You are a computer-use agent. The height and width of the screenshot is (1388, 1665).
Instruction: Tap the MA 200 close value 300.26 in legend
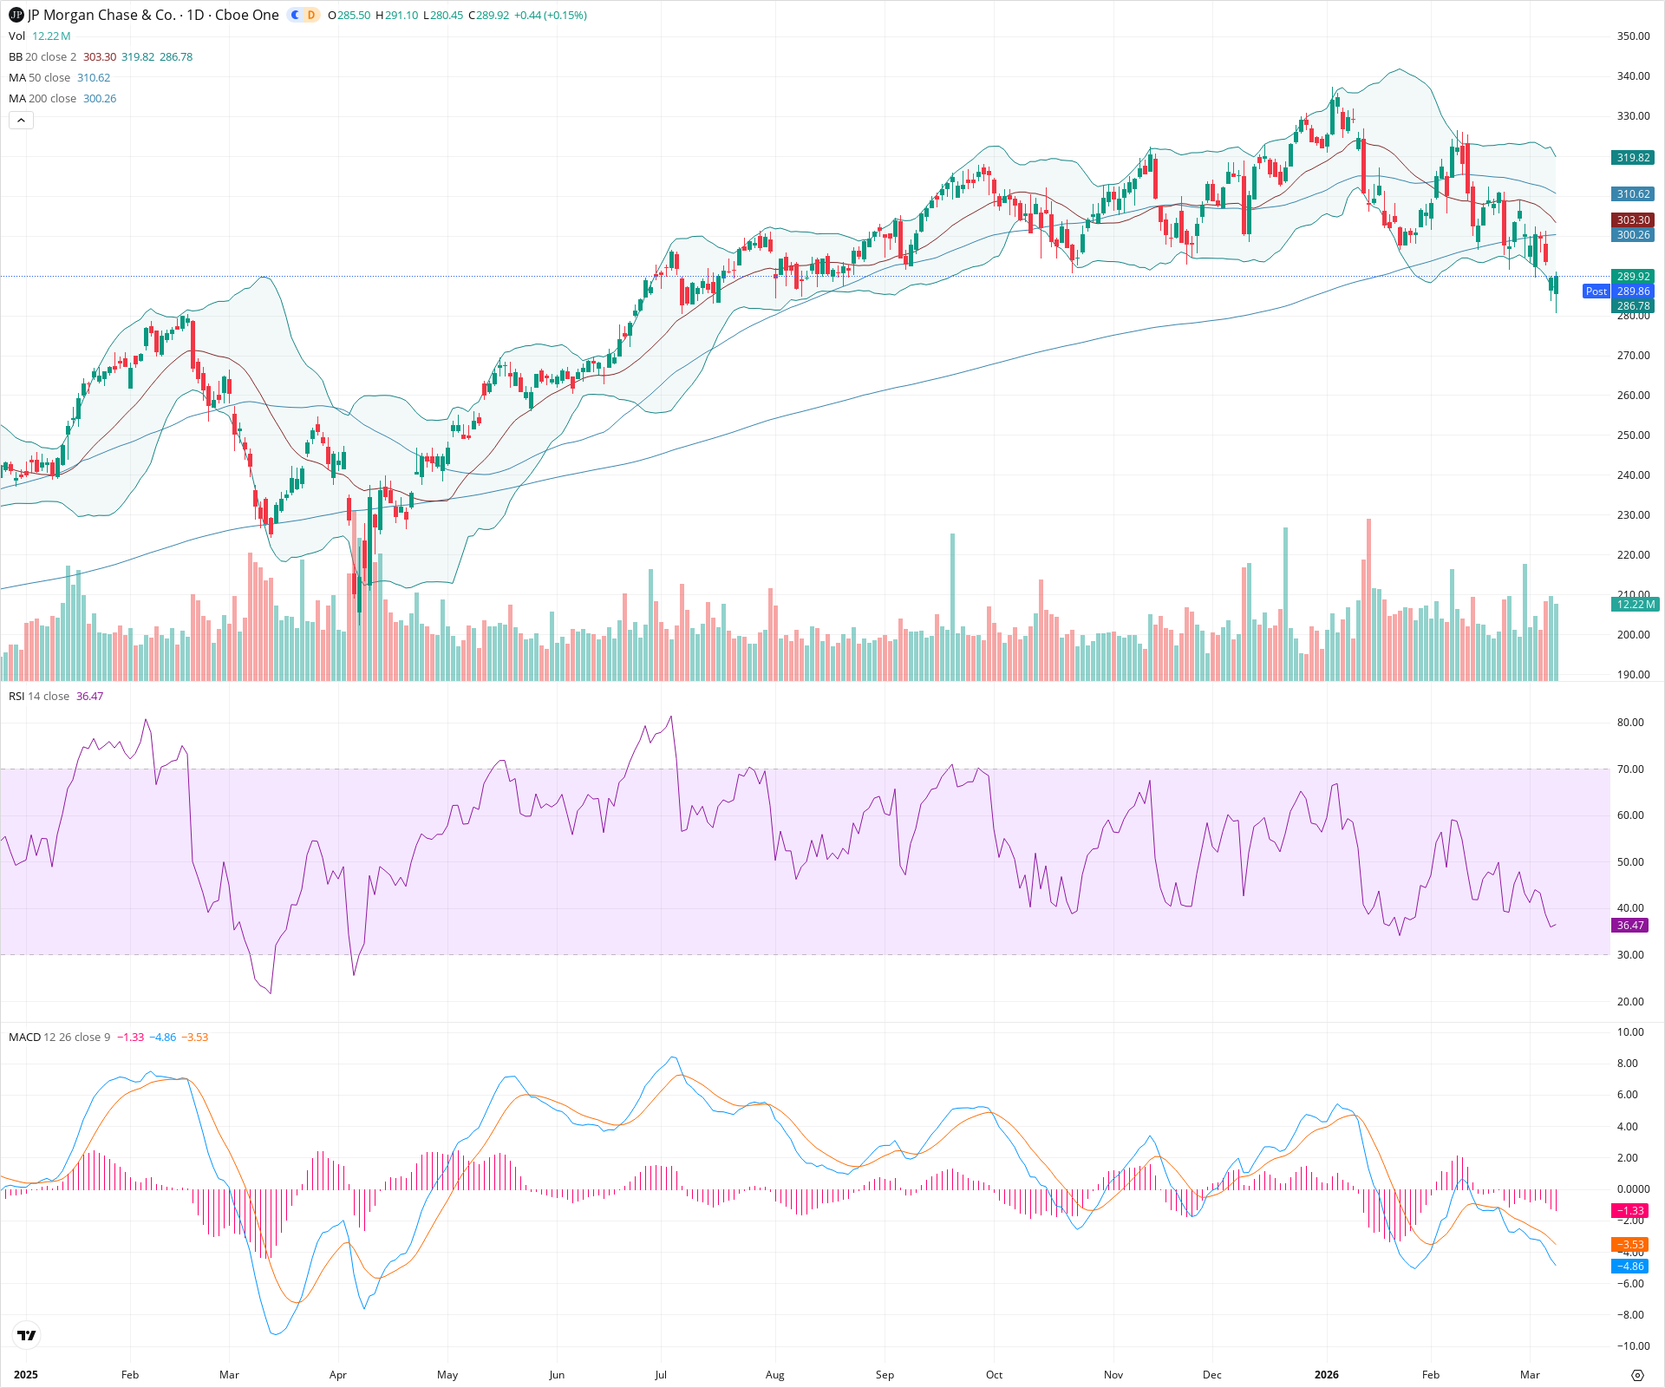coord(100,99)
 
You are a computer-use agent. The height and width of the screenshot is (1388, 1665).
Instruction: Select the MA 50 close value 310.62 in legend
coord(94,78)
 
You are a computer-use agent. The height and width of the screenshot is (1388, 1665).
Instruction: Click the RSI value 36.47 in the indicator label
coord(89,697)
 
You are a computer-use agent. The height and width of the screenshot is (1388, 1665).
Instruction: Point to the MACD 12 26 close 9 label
coord(59,1038)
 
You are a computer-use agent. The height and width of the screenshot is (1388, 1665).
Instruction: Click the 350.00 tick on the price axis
coord(1633,36)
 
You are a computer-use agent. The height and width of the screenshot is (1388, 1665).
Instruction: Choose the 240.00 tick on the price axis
coord(1633,475)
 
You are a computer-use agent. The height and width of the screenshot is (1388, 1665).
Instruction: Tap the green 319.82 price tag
coord(1633,158)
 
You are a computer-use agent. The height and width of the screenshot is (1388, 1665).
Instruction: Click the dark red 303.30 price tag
coord(1633,220)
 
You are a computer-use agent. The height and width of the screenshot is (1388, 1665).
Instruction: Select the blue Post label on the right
coord(1596,291)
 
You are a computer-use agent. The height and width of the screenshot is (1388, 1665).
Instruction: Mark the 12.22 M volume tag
coord(1635,605)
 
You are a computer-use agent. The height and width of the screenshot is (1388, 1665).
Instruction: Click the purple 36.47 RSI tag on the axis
coord(1630,926)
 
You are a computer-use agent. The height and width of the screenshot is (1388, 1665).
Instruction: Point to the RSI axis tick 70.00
coord(1630,769)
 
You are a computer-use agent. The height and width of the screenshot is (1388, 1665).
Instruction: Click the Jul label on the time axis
coord(661,1375)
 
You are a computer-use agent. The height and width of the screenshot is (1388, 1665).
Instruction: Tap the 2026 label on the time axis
coord(1326,1375)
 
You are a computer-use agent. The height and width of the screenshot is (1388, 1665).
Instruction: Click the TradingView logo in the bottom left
coord(27,1335)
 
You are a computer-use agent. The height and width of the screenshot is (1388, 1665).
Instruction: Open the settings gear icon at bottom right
coord(1637,1375)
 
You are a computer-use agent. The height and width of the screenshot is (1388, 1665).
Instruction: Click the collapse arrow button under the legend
coord(21,121)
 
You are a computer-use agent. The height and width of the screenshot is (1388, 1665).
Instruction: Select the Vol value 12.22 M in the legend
coord(51,36)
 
